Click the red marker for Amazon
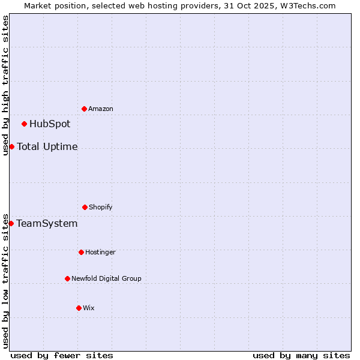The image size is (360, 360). (84, 109)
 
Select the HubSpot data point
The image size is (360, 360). (24, 124)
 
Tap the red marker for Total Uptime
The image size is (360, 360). (11, 146)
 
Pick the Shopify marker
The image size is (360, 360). (85, 207)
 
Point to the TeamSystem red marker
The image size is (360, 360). (11, 223)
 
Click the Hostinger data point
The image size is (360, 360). (81, 252)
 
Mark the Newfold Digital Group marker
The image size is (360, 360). (67, 278)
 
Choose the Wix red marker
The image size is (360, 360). (79, 308)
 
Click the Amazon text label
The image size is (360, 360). (101, 109)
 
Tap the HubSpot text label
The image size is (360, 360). (50, 124)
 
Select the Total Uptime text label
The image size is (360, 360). (47, 146)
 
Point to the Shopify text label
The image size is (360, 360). (101, 207)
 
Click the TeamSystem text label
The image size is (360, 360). (47, 224)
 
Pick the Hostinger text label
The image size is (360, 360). (100, 252)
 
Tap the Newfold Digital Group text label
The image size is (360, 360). (107, 278)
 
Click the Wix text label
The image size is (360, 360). (89, 308)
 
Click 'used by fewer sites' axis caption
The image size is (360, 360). (62, 355)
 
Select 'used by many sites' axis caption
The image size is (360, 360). (301, 355)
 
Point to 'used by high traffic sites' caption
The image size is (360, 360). (5, 85)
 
